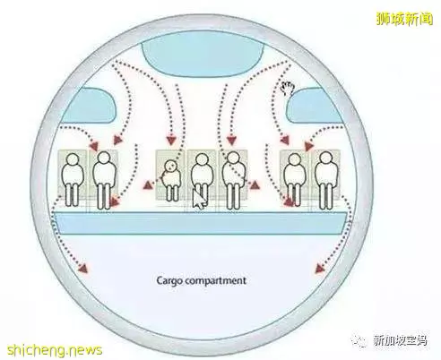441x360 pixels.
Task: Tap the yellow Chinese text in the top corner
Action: [x=404, y=19]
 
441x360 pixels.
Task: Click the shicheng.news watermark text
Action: [x=55, y=349]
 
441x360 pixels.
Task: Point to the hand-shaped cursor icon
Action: [x=288, y=89]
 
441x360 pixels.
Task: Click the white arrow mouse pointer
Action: [x=199, y=199]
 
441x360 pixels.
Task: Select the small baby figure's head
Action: [x=170, y=167]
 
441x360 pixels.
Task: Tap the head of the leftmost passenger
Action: [x=72, y=159]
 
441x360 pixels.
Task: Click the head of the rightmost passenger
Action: [x=325, y=159]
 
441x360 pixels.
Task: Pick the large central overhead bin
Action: [x=203, y=56]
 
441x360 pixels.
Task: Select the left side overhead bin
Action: [x=90, y=106]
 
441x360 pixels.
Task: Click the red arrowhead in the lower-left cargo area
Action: [x=83, y=269]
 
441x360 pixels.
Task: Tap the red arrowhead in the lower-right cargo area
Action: [x=320, y=269]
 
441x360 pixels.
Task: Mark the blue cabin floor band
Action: [x=199, y=223]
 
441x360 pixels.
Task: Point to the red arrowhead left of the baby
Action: [x=147, y=185]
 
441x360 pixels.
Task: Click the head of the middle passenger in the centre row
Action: [x=202, y=159]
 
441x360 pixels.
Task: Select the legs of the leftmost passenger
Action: [x=72, y=194]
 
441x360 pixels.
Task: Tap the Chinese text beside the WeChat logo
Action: [x=401, y=341]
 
